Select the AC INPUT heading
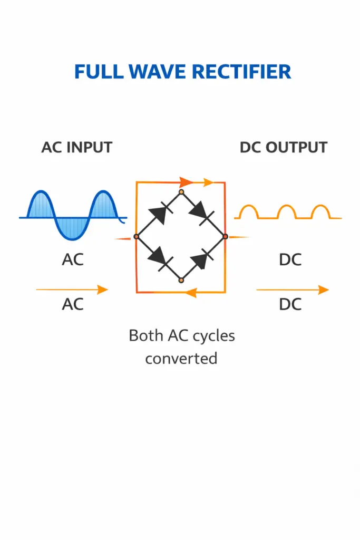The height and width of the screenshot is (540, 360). pos(77,147)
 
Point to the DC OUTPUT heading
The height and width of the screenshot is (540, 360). pos(284,147)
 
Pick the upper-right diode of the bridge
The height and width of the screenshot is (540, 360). pos(201,213)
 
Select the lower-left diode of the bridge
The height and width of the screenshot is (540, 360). pos(158,258)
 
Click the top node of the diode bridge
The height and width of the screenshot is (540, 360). pos(181,191)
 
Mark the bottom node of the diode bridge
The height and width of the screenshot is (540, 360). pos(181,281)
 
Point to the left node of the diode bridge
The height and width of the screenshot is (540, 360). pos(136,237)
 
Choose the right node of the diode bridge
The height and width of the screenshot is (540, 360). pos(225,237)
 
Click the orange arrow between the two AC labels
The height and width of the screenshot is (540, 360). pos(72,290)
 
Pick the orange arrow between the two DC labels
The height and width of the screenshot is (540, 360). pos(292,290)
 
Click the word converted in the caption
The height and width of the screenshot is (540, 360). pos(181,359)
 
